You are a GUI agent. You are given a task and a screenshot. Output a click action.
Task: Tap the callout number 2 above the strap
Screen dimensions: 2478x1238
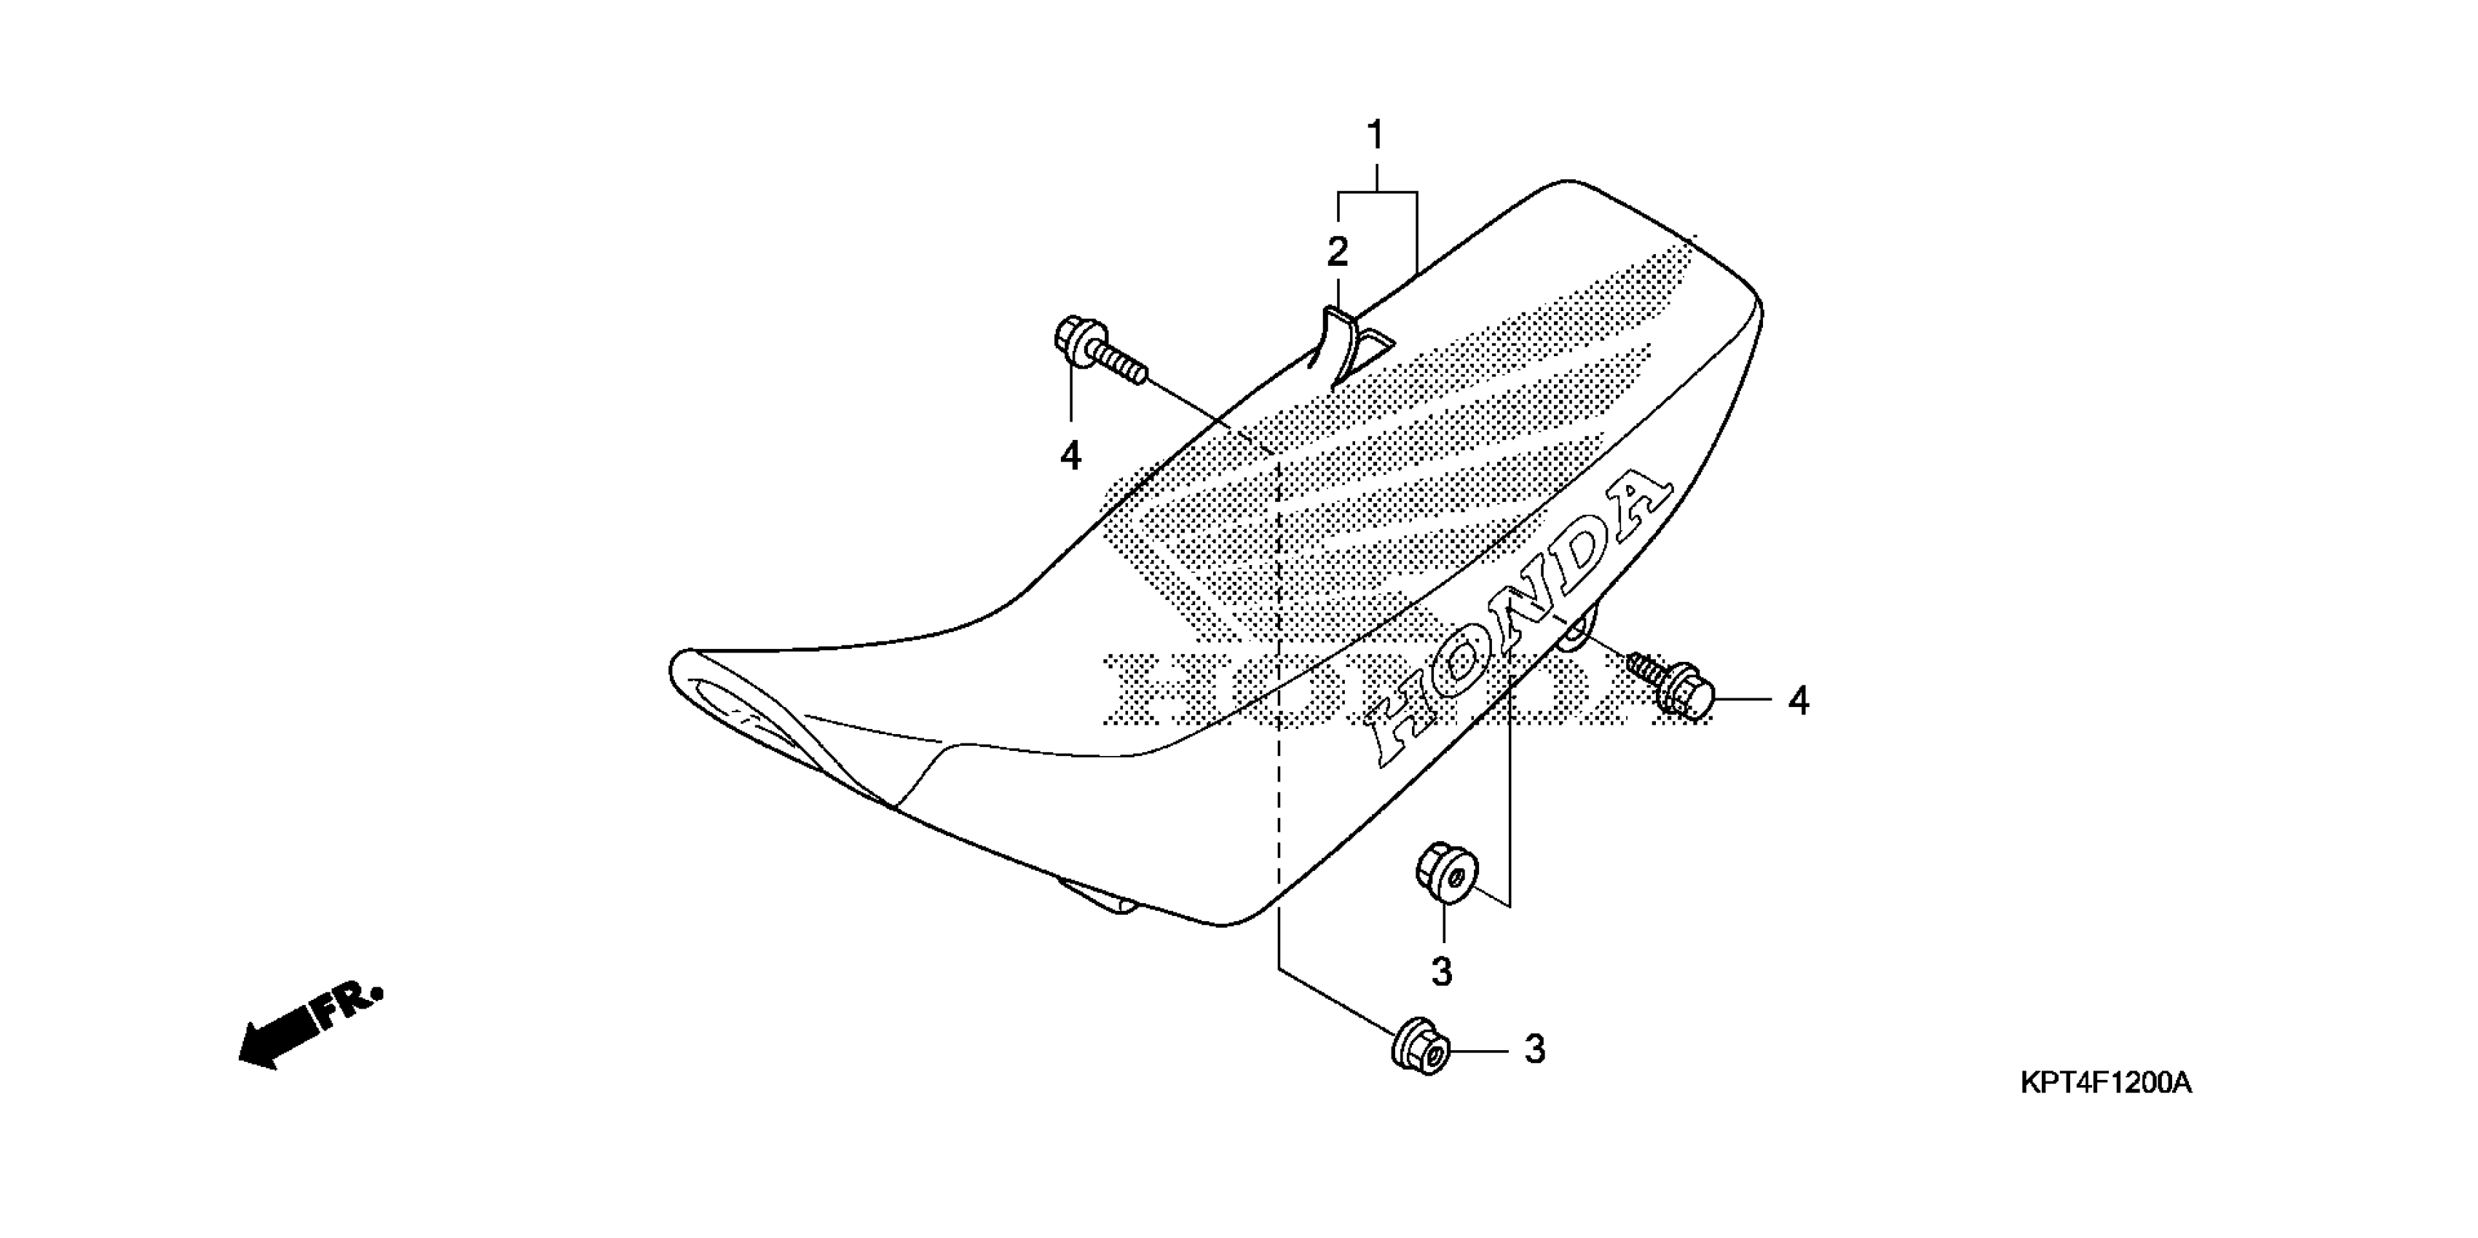pyautogui.click(x=1337, y=253)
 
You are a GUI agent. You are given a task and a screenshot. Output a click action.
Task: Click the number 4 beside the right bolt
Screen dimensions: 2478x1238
pyautogui.click(x=1798, y=701)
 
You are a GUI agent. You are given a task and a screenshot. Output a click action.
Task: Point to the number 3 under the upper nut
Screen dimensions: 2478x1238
pyautogui.click(x=1441, y=972)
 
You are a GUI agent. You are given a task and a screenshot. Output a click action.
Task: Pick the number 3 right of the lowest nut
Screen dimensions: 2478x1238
pyautogui.click(x=1534, y=1049)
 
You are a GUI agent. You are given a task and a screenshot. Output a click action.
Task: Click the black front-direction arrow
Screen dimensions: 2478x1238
pyautogui.click(x=279, y=1035)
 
